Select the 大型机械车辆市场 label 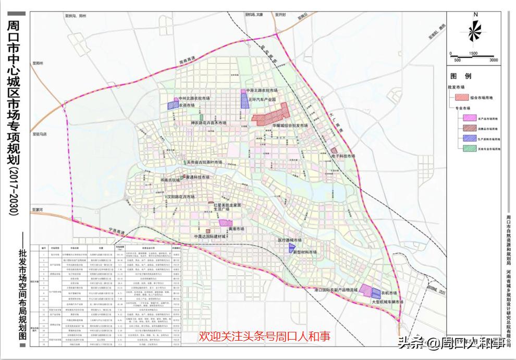[x=387, y=302]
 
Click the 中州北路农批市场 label [x=194, y=98]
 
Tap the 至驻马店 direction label [x=40, y=134]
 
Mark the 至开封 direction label [x=281, y=16]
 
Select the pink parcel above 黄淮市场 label [x=225, y=222]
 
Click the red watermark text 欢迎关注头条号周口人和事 [x=264, y=337]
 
